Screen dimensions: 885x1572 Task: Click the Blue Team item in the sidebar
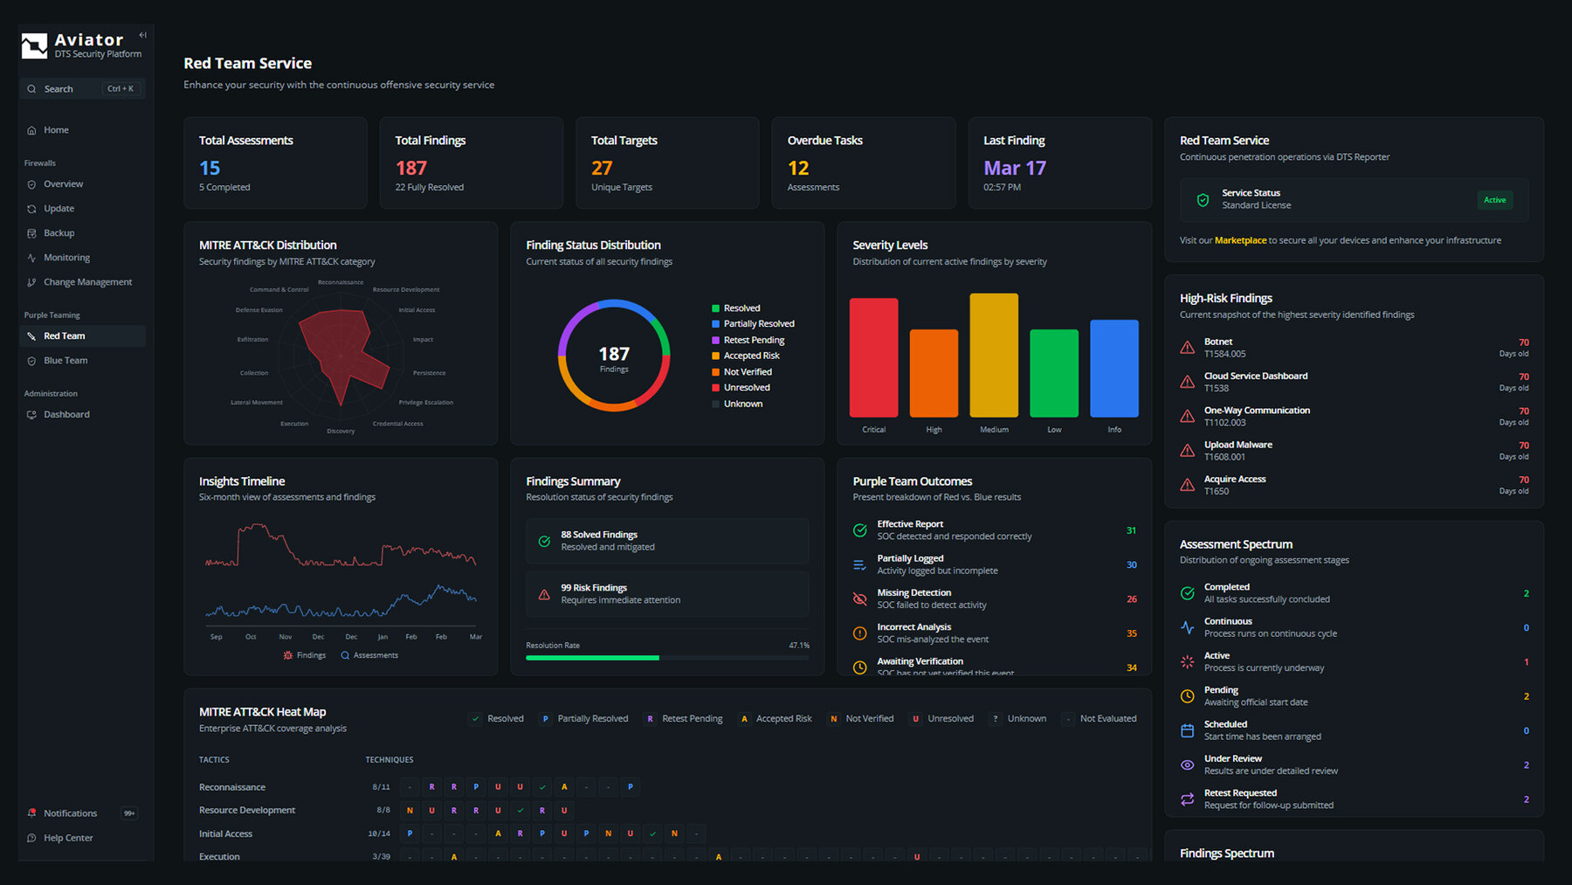(65, 361)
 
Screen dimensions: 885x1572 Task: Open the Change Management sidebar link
(87, 282)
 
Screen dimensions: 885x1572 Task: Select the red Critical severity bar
(873, 357)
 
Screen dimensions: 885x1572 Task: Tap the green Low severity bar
(1054, 373)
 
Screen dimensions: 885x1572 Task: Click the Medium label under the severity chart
(994, 430)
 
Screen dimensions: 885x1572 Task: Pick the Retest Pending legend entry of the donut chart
(754, 340)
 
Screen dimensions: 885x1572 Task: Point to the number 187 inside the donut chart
(614, 354)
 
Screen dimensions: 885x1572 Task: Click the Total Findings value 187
(411, 168)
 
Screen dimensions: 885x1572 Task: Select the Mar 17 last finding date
(1015, 168)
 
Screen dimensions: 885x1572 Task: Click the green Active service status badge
(1494, 200)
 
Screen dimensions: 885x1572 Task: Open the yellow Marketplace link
(1240, 240)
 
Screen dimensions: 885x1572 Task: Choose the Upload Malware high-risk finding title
(1238, 445)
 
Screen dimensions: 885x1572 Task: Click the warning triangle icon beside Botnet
(1188, 348)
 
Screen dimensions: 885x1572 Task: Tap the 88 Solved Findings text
(599, 535)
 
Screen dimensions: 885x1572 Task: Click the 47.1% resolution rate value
(799, 646)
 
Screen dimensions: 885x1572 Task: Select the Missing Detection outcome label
(914, 592)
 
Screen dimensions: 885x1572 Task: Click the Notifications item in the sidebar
(70, 813)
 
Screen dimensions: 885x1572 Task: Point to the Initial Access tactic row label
(225, 833)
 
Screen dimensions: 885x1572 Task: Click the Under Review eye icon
(1188, 764)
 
